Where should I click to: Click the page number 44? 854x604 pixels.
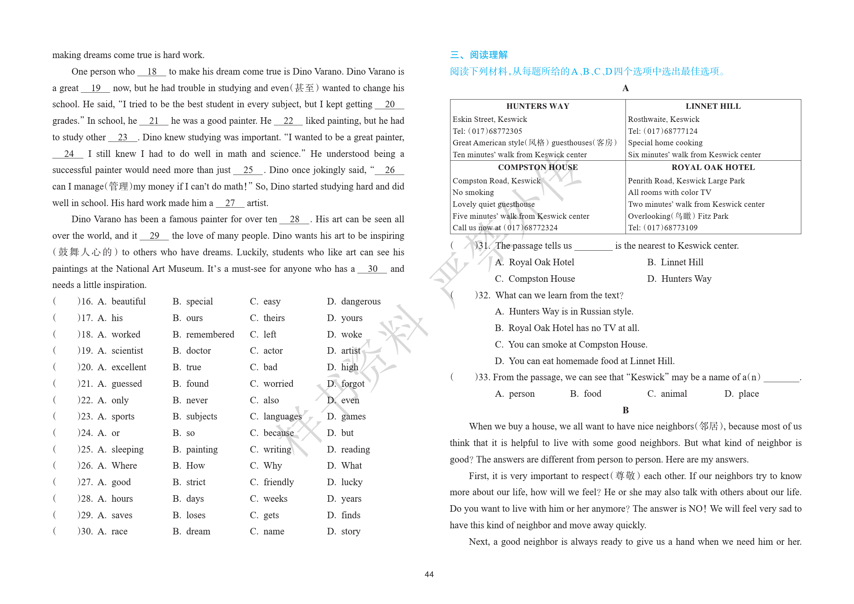pyautogui.click(x=429, y=574)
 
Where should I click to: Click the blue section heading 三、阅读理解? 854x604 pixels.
pyautogui.click(x=479, y=55)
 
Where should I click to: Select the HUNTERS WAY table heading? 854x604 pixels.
pyautogui.click(x=537, y=106)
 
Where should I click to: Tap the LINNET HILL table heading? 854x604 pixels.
pyautogui.click(x=713, y=106)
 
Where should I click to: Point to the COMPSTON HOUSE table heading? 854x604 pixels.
pyautogui.click(x=537, y=167)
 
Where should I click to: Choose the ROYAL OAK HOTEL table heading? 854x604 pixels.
pyautogui.click(x=713, y=167)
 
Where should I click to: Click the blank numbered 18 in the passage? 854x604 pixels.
pyautogui.click(x=152, y=72)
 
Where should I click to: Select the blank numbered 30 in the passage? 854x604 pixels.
pyautogui.click(x=372, y=269)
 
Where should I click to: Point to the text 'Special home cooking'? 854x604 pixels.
pyautogui.click(x=665, y=143)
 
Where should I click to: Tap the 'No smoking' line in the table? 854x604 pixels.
pyautogui.click(x=473, y=192)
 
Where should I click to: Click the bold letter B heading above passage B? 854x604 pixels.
pyautogui.click(x=625, y=410)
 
